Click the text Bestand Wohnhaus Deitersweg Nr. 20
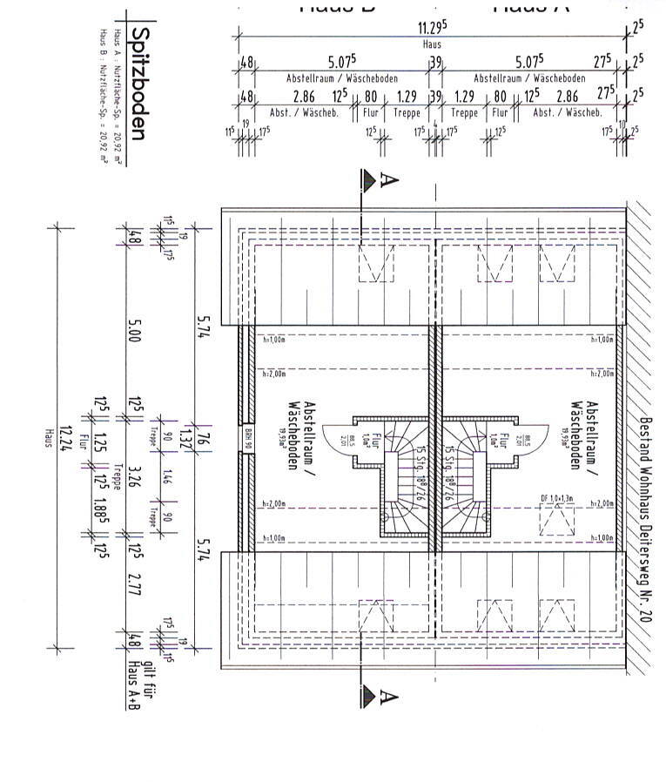(x=644, y=518)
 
